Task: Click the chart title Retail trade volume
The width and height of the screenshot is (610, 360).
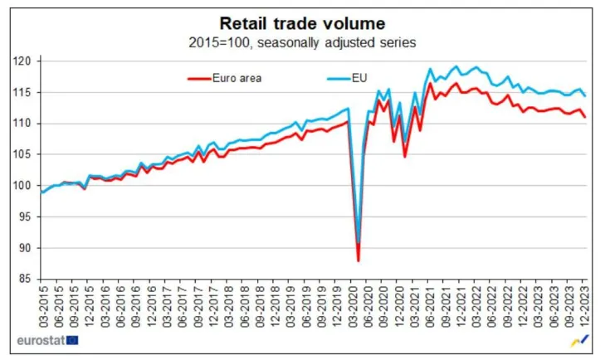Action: click(302, 22)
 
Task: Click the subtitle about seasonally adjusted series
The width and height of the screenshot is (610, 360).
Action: click(302, 41)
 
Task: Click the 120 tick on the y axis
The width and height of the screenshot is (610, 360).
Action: click(27, 61)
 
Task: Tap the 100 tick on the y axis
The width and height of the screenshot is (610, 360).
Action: click(27, 186)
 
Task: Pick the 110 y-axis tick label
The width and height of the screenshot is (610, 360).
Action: click(27, 124)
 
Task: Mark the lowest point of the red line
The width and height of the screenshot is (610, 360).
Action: click(359, 261)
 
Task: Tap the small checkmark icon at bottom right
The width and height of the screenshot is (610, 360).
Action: click(581, 339)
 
